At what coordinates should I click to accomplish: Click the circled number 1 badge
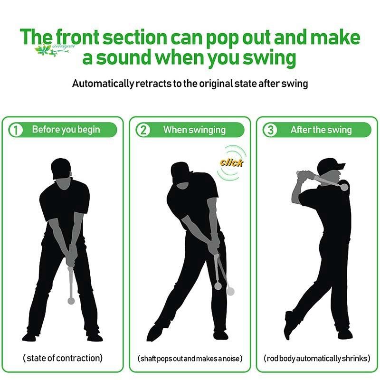[x=16, y=130]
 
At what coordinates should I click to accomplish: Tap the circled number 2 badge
[x=143, y=130]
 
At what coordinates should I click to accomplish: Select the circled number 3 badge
[x=270, y=130]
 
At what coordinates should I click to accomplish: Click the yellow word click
[x=231, y=162]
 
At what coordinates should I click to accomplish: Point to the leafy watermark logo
[x=54, y=49]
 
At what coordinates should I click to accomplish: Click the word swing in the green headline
[x=269, y=58]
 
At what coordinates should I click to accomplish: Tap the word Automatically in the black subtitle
[x=103, y=84]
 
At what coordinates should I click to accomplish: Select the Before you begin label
[x=66, y=129]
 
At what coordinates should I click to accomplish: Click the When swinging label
[x=194, y=130]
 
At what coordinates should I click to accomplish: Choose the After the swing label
[x=321, y=130]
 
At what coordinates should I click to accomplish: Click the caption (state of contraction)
[x=63, y=358]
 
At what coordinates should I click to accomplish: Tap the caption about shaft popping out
[x=190, y=359]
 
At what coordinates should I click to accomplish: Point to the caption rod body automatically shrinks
[x=317, y=358]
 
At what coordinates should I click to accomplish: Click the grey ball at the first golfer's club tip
[x=71, y=301]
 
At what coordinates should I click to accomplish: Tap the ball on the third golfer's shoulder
[x=344, y=187]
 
